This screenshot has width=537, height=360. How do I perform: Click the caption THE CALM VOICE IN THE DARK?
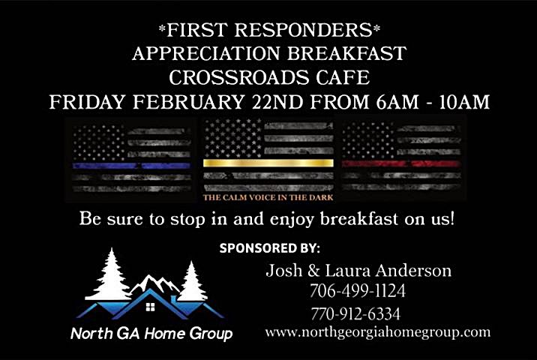pyautogui.click(x=268, y=198)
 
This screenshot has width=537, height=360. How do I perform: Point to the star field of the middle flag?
pyautogui.click(x=233, y=137)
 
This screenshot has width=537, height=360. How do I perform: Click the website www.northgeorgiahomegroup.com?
pyautogui.click(x=377, y=331)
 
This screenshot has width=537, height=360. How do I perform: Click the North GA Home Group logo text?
pyautogui.click(x=151, y=333)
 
